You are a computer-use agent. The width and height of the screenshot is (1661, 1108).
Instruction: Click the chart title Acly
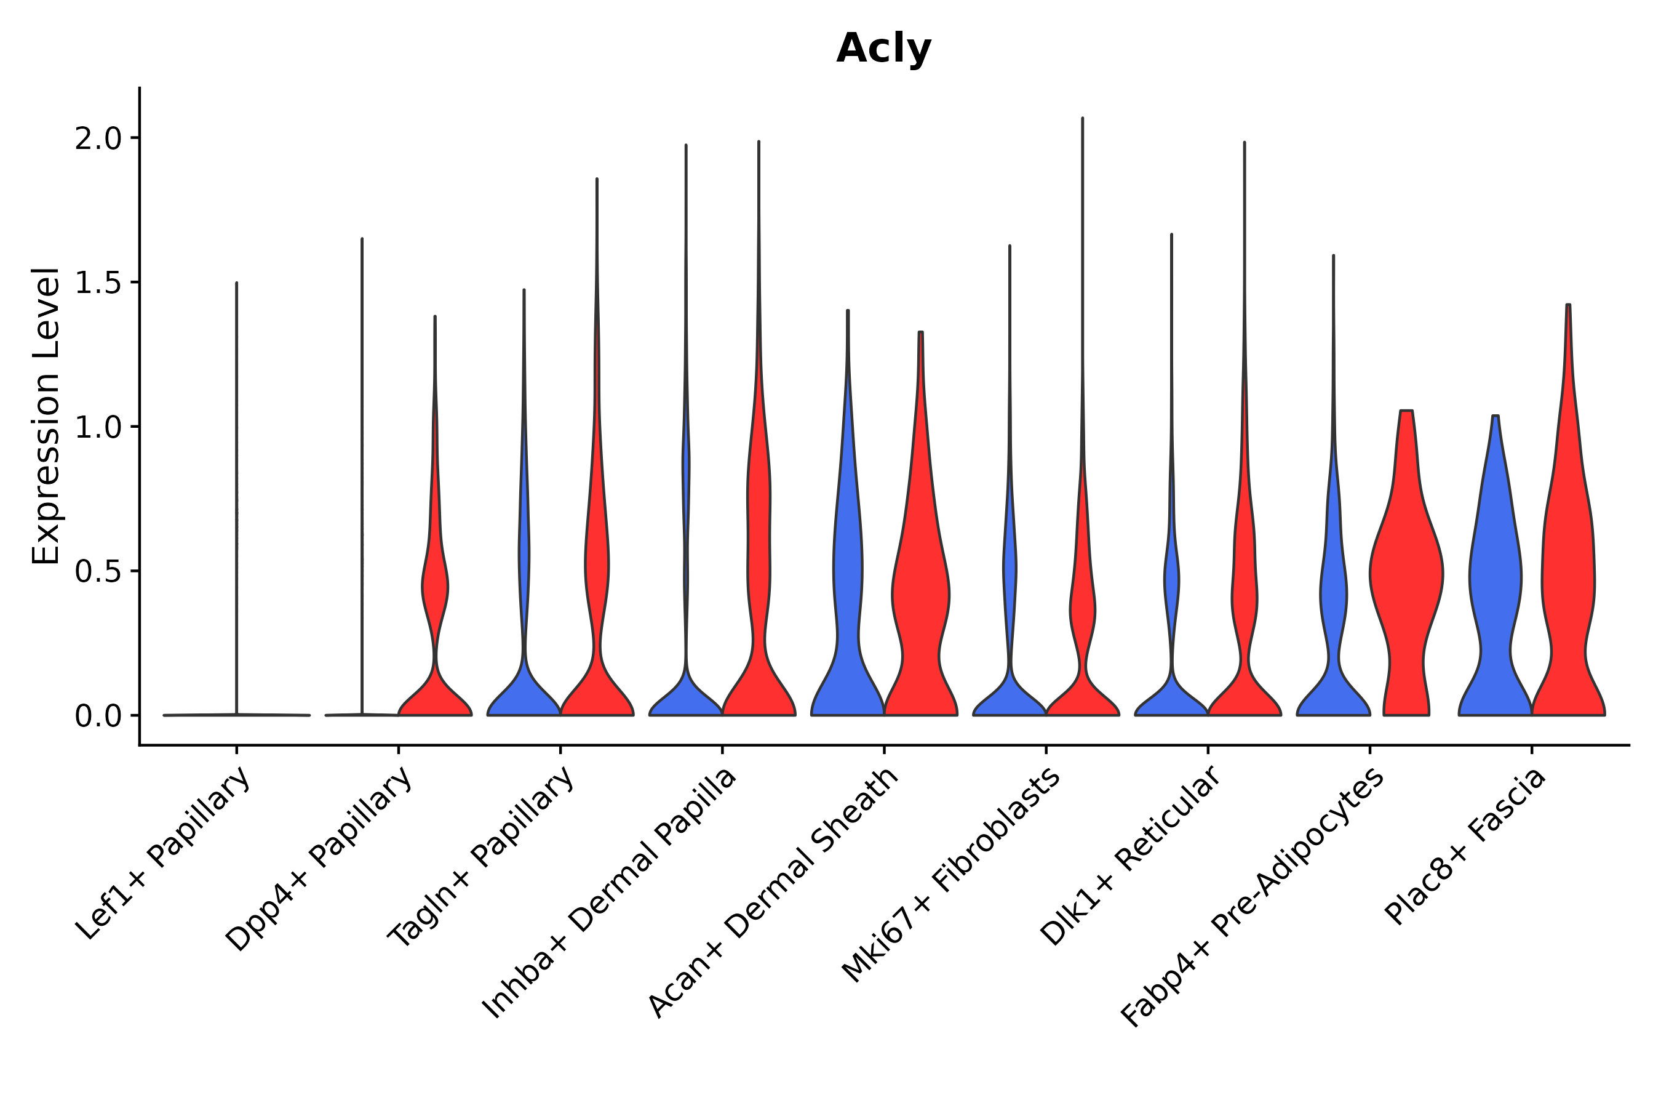(883, 49)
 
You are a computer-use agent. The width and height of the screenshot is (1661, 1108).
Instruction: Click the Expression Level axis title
(45, 415)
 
